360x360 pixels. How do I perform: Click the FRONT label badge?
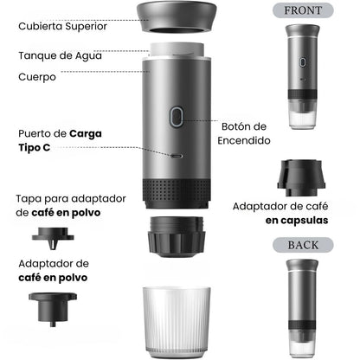303,10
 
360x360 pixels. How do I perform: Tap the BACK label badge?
303,245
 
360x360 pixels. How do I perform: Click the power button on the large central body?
177,117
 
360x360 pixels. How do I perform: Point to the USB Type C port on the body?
177,156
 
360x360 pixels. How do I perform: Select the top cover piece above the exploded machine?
177,16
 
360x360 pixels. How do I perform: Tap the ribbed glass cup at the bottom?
177,323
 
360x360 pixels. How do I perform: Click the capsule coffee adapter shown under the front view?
301,178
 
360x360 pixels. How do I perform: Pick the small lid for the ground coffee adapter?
53,238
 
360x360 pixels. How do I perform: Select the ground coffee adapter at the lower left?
53,309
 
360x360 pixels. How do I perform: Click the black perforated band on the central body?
176,193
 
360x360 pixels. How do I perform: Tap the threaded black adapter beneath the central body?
177,236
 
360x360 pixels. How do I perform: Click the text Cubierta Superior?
62,27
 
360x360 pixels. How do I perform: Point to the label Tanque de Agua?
60,55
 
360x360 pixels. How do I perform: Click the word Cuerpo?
37,77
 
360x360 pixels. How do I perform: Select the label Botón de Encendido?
244,133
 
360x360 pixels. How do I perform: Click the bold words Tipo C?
35,147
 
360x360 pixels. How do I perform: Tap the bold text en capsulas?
297,221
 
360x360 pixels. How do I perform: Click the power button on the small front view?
302,62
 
